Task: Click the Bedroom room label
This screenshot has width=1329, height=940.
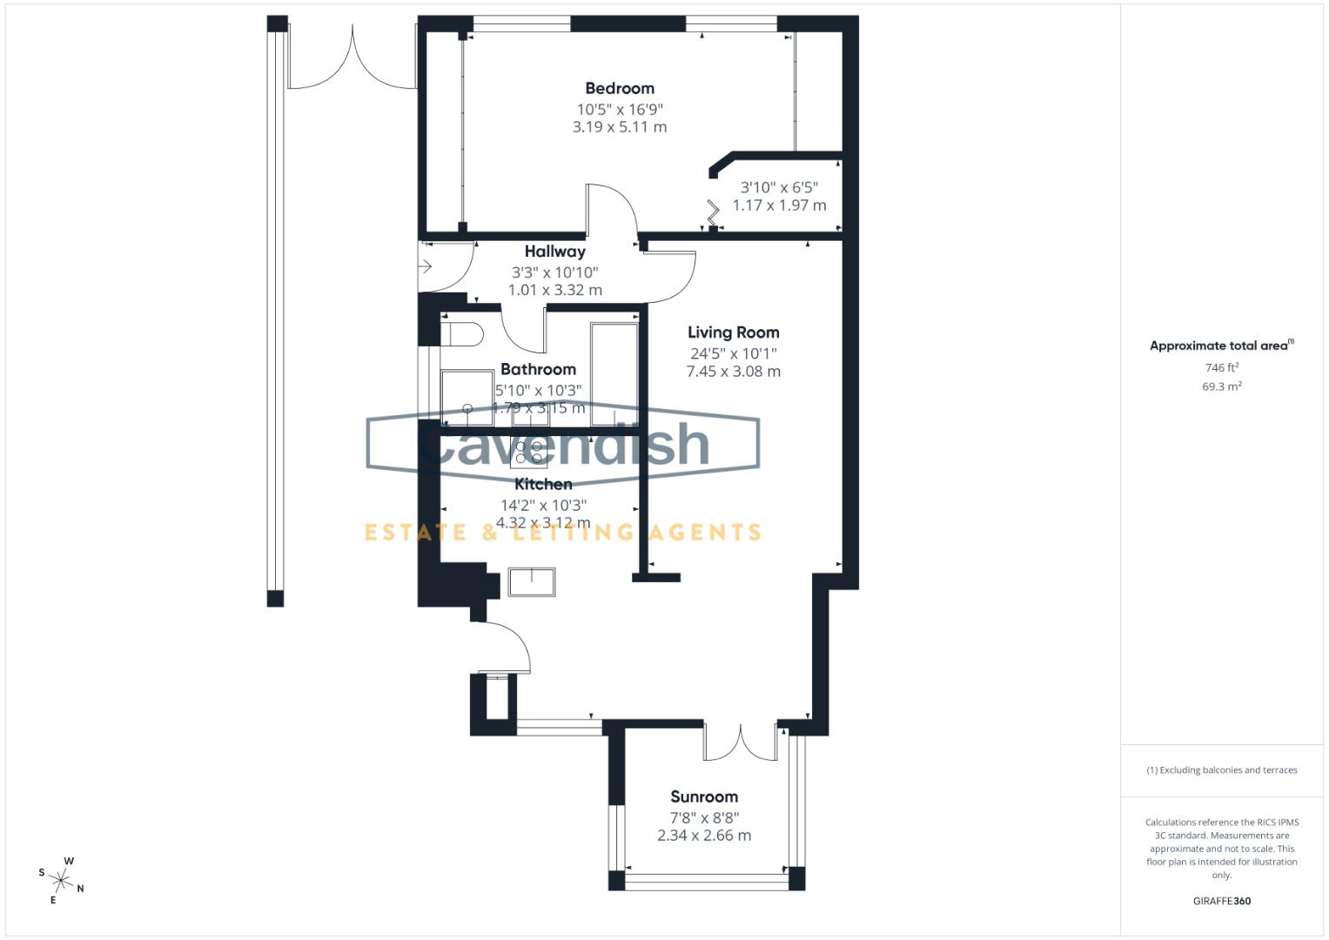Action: [619, 88]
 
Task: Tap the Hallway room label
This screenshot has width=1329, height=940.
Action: [554, 252]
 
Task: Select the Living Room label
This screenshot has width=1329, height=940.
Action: [733, 332]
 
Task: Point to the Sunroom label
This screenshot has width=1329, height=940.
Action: [703, 796]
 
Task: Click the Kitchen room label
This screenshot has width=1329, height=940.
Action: [543, 484]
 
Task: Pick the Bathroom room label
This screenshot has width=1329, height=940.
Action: [538, 369]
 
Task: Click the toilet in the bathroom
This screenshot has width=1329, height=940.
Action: [462, 334]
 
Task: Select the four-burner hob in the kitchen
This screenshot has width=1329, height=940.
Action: [528, 452]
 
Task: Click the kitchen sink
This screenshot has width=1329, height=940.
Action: [532, 581]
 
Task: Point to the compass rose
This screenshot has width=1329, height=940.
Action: [63, 879]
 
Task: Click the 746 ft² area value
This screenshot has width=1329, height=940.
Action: [1221, 368]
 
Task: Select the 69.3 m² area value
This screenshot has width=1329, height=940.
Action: [1221, 386]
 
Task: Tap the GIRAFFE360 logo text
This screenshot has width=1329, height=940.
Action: [1221, 901]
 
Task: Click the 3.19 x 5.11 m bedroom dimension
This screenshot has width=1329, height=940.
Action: [619, 127]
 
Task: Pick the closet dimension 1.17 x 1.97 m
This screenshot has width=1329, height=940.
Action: [779, 205]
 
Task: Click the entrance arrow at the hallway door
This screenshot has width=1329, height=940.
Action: [426, 266]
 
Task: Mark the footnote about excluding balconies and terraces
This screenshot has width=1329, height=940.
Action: [1221, 770]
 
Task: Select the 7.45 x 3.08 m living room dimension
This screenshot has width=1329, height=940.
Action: [733, 372]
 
